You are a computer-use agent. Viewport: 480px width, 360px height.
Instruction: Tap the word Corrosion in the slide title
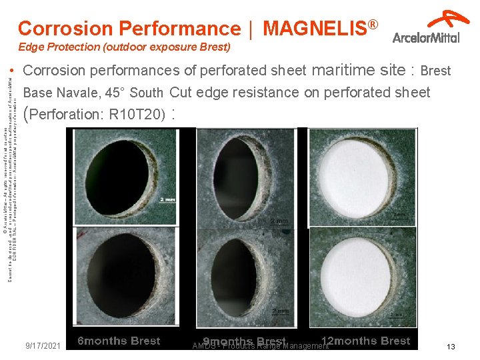[65, 29]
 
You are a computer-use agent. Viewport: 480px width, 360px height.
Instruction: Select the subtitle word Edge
[31, 47]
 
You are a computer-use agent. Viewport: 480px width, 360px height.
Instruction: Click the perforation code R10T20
[139, 114]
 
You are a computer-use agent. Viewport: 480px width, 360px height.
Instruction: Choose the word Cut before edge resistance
[181, 92]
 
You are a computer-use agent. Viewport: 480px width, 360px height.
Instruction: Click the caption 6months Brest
[119, 341]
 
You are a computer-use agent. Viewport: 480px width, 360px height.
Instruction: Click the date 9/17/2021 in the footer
[43, 346]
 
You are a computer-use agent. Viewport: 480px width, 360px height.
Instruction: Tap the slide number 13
[451, 347]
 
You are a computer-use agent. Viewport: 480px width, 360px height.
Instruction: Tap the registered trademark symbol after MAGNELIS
[373, 25]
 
